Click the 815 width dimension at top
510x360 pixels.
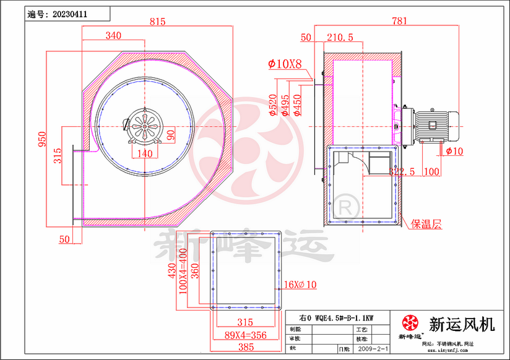click(158, 22)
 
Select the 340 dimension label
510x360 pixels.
click(113, 36)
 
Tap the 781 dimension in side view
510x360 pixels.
click(400, 21)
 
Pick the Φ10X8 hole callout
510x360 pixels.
click(285, 63)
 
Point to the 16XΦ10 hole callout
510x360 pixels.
click(300, 285)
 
